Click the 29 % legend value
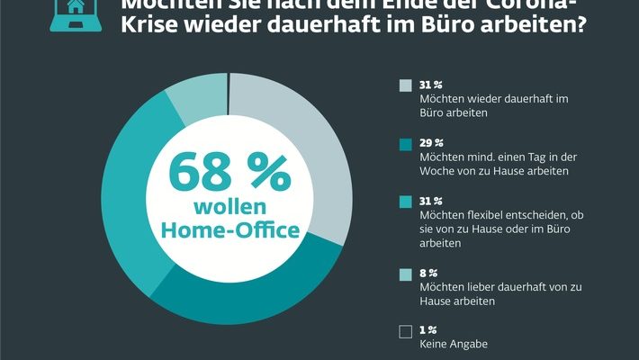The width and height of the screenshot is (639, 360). pos(432,142)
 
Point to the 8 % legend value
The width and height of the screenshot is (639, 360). pos(429,273)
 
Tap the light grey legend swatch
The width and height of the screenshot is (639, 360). pos(405,85)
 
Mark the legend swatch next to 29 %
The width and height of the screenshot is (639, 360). pos(405,143)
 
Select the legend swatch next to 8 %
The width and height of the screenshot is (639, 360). pos(405,273)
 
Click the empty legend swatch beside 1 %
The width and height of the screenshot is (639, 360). pos(405,331)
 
